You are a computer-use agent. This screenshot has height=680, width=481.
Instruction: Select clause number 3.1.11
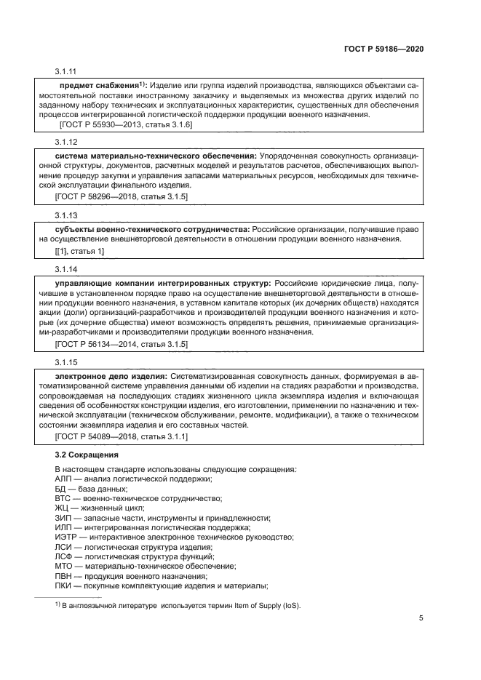(x=65, y=72)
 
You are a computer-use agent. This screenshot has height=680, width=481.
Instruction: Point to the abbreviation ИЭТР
(x=66, y=537)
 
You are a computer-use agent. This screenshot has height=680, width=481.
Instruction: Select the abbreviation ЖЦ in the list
(x=62, y=508)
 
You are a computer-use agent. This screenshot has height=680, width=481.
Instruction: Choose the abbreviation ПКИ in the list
(x=65, y=585)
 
